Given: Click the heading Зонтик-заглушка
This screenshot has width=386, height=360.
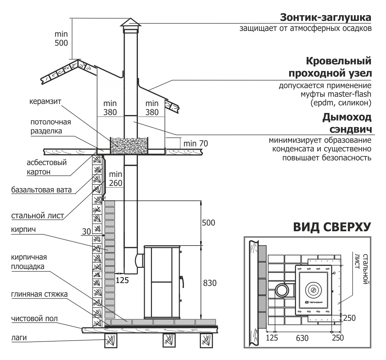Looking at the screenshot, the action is click(x=326, y=18).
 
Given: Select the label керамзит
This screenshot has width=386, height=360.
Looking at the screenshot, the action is click(x=45, y=101).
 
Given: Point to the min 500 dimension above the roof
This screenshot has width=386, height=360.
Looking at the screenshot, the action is click(x=61, y=38).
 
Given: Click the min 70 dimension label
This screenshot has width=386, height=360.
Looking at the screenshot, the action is click(x=196, y=143).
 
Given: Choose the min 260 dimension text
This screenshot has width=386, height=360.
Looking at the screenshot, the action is click(x=116, y=179).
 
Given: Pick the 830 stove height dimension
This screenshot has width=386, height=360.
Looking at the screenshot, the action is click(x=210, y=283).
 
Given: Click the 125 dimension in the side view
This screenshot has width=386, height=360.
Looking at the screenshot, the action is click(x=122, y=280).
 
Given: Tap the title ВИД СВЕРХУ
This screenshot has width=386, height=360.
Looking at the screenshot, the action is click(x=332, y=227).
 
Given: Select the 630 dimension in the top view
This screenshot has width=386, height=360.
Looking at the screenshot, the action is click(x=302, y=338).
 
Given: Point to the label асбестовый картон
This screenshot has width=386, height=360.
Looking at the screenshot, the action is click(x=46, y=167).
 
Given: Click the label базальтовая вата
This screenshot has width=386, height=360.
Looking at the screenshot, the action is click(x=41, y=190).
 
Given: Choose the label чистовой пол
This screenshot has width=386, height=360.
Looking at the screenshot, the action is click(x=35, y=319).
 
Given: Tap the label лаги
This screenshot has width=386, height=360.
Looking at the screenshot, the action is click(x=19, y=338).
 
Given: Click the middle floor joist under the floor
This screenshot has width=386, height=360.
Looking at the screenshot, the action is click(x=169, y=340).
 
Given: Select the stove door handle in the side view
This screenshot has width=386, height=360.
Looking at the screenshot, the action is click(x=182, y=282).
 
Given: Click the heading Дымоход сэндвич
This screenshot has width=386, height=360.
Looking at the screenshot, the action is click(x=347, y=123).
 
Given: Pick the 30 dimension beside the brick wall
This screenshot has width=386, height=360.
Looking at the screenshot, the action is click(x=86, y=232).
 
